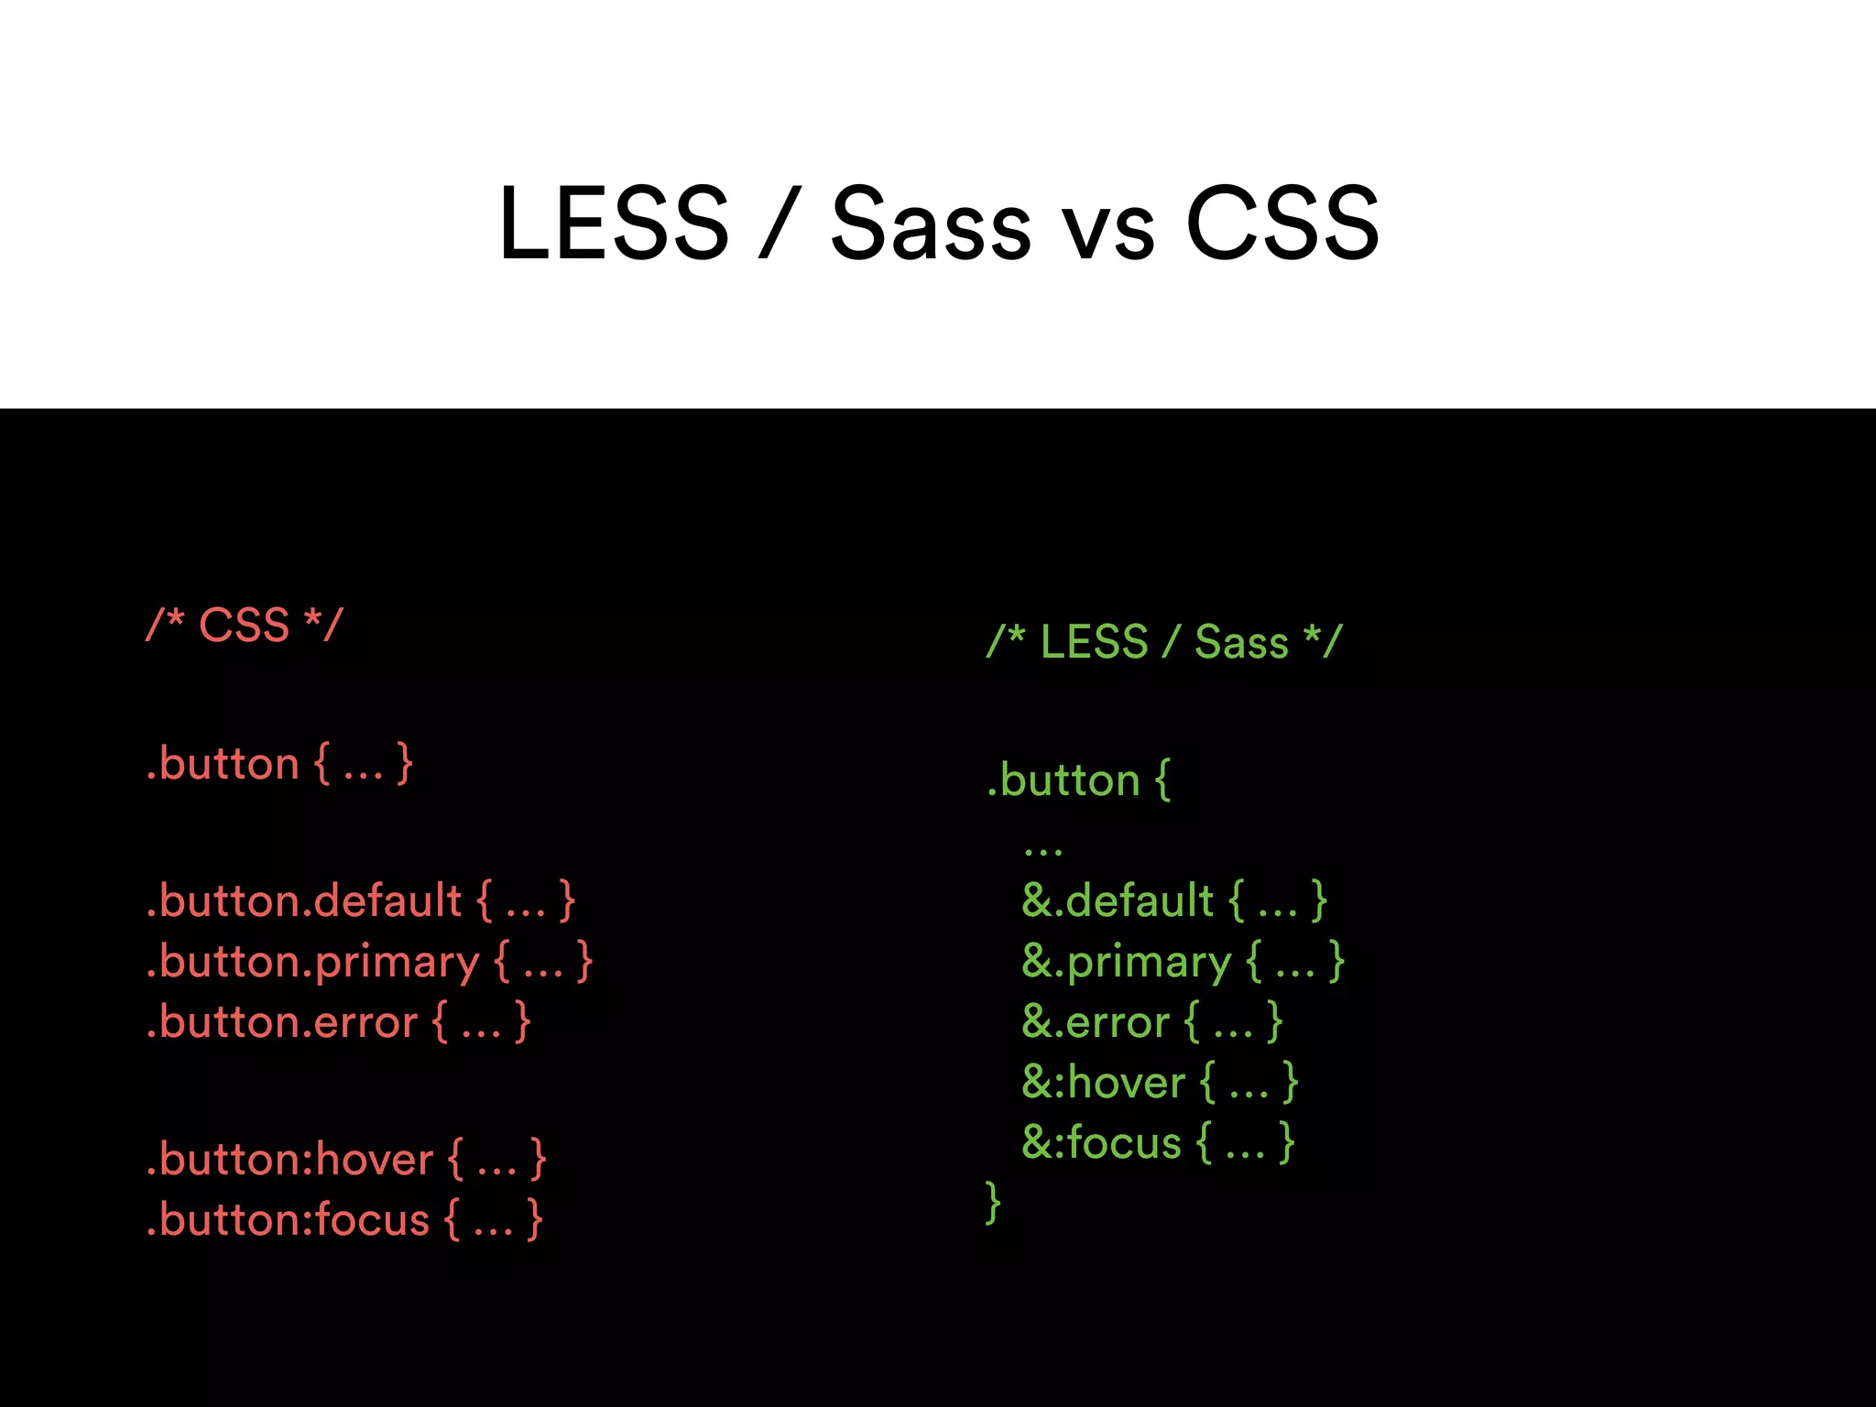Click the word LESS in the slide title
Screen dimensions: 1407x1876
click(x=614, y=224)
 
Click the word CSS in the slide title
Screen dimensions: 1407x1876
click(x=1282, y=224)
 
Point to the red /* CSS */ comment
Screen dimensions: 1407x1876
click(x=244, y=626)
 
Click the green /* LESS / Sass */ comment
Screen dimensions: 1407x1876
click(x=1163, y=641)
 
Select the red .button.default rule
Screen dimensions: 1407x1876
click(x=360, y=900)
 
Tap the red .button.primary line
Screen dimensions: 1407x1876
click(x=369, y=962)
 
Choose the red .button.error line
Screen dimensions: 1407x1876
click(x=338, y=1022)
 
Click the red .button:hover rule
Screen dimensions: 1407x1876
click(x=346, y=1160)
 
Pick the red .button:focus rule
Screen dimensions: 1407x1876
click(x=344, y=1220)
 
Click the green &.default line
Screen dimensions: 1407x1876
click(x=1173, y=900)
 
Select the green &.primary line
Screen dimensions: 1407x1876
click(x=1183, y=962)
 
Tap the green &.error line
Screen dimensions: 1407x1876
click(x=1151, y=1022)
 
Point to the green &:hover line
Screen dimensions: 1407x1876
click(x=1160, y=1083)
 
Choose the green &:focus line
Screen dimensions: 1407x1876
click(x=1158, y=1143)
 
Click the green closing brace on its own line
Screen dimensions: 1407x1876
click(x=993, y=1203)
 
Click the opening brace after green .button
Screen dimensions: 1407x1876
click(x=1162, y=780)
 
